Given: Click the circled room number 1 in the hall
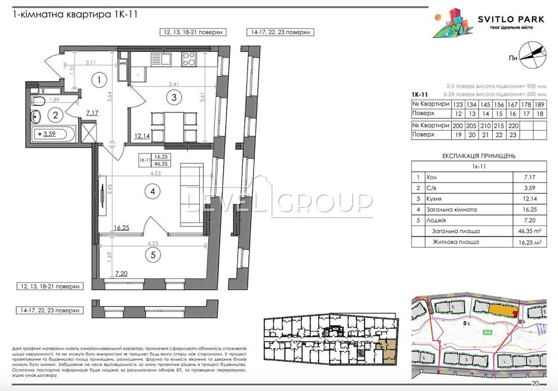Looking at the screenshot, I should click(x=98, y=80).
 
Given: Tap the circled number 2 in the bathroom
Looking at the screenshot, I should click(x=55, y=116).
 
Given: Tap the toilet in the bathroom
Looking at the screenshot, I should click(x=39, y=101).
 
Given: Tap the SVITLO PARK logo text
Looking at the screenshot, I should click(x=511, y=20).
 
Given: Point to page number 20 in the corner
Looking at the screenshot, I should click(x=535, y=384).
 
